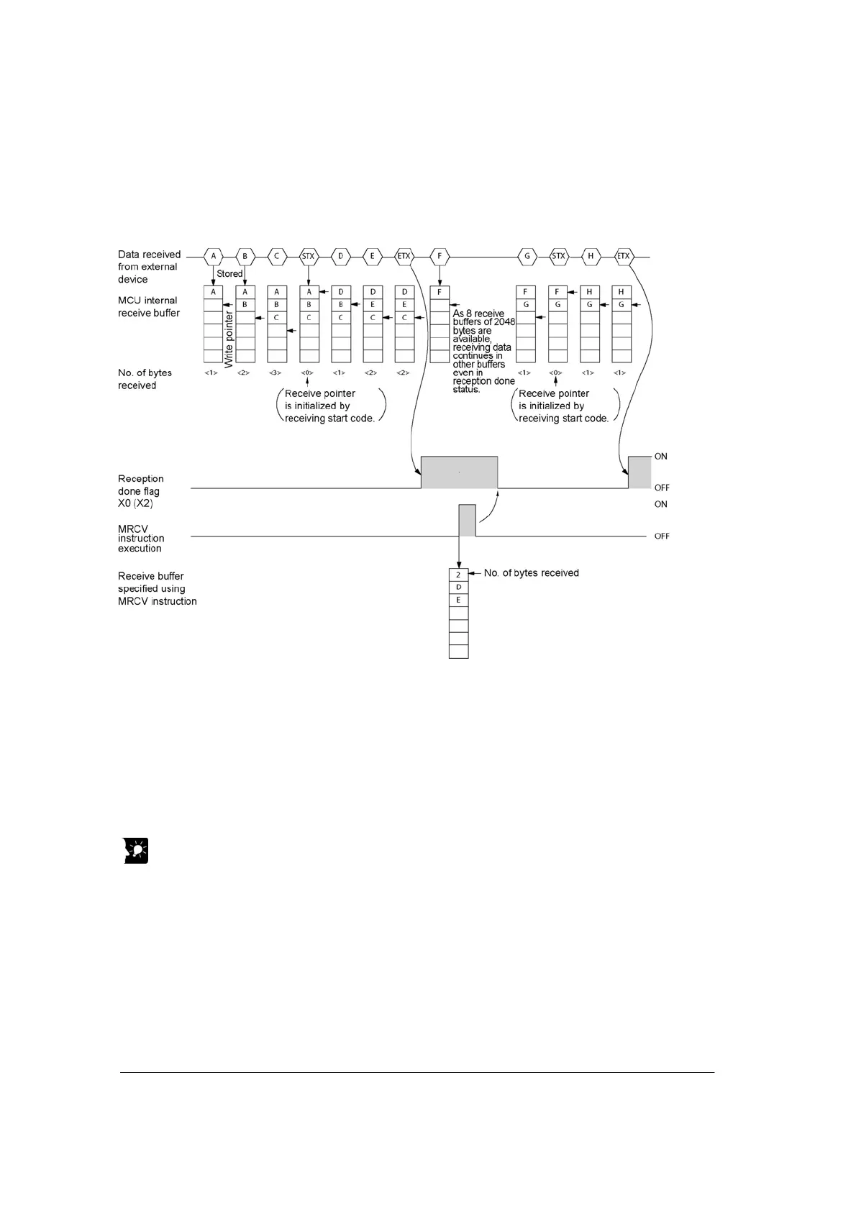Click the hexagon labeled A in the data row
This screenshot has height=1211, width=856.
coord(213,256)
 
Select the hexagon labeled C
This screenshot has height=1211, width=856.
coord(276,256)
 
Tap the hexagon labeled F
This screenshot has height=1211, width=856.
coord(440,256)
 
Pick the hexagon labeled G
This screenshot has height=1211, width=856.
coord(527,256)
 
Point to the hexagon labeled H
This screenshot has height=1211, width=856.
coord(591,256)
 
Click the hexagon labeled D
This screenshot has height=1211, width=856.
coord(340,256)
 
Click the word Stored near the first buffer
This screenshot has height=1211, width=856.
coord(229,274)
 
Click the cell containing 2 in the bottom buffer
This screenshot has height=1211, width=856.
coord(458,575)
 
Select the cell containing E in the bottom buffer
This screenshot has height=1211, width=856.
coord(458,600)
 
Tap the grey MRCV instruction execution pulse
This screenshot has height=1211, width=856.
coord(468,521)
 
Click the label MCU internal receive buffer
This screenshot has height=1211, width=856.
coord(149,307)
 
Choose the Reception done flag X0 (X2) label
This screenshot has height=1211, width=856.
coord(141,491)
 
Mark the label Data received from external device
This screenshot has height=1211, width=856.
coord(149,267)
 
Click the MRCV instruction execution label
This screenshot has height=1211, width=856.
coord(141,539)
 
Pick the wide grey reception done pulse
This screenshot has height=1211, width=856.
coord(459,472)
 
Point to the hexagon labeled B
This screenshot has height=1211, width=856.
coord(245,256)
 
